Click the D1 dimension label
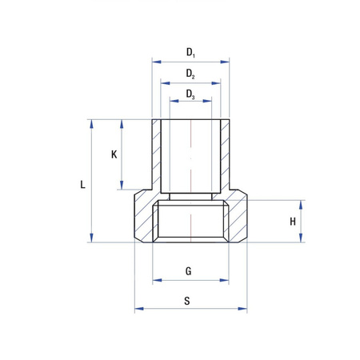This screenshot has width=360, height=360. [190, 53]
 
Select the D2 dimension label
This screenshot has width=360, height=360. [190, 74]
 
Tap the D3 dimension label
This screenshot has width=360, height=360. [190, 94]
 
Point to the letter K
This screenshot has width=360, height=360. [114, 155]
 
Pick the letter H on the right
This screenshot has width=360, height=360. [293, 222]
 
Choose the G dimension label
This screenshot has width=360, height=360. [189, 271]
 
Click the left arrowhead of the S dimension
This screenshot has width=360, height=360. [138, 309]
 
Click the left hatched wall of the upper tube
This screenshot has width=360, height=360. [156, 156]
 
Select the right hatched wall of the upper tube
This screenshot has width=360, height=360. [225, 156]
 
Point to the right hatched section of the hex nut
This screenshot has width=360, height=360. [237, 220]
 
